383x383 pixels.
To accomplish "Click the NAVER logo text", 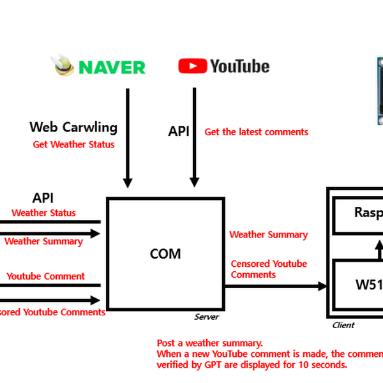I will (112, 66).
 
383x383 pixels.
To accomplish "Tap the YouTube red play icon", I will (192, 66).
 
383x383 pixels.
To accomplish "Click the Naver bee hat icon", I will (64, 65).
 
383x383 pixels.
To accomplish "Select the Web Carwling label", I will (73, 127).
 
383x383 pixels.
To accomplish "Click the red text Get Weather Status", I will (73, 144).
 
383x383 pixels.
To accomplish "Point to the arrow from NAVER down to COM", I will (128, 137).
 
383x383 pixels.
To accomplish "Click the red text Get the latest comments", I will (256, 132).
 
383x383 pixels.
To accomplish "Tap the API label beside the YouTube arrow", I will (179, 131).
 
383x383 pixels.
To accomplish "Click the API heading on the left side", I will (47, 199).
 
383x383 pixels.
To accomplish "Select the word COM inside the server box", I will (165, 254).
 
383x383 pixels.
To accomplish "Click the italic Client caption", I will (343, 325).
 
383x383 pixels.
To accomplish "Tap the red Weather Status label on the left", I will (43, 213).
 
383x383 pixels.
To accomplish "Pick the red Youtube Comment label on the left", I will (45, 276).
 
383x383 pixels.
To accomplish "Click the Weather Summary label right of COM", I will (268, 235).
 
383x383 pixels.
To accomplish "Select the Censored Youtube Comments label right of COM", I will (269, 269).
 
